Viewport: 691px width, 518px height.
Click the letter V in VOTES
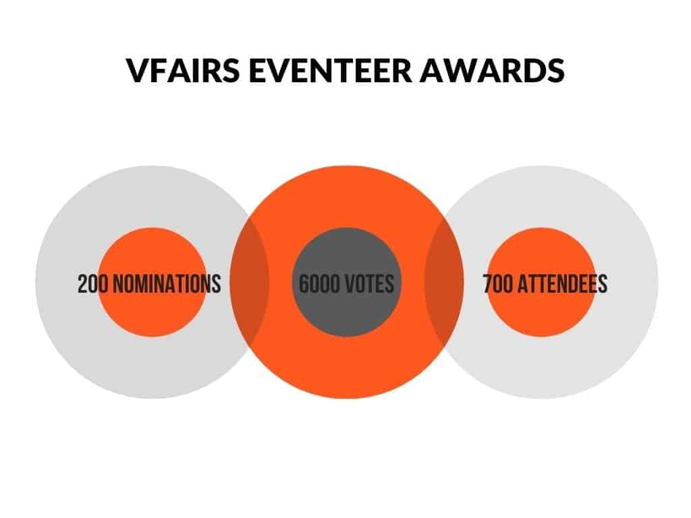point(352,283)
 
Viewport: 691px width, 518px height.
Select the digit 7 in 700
point(487,284)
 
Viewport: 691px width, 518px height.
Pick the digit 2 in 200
point(82,284)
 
